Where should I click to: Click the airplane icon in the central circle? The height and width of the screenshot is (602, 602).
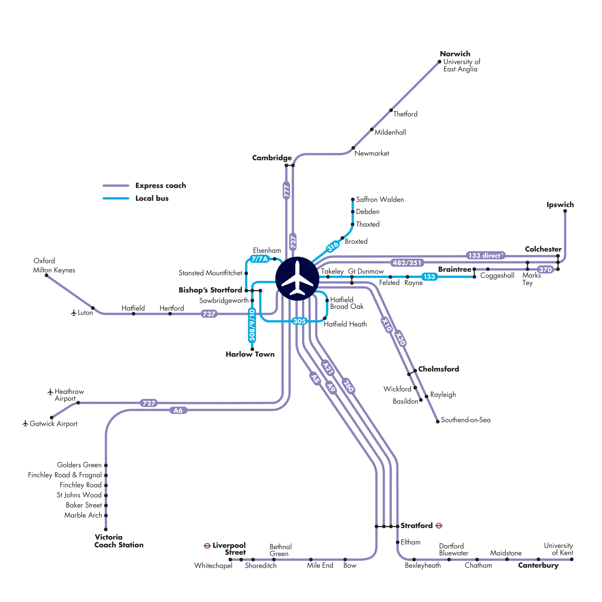(297, 278)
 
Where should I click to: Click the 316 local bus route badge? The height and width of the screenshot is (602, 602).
(332, 246)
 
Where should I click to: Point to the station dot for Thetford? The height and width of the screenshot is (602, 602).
(391, 110)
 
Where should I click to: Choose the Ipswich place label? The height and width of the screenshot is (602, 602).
(560, 205)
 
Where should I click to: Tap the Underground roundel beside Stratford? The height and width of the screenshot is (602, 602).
(439, 526)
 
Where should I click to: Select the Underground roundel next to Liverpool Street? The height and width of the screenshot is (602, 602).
(207, 546)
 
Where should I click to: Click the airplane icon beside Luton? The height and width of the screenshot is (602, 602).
(74, 313)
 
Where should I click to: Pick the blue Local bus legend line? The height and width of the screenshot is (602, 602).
(116, 198)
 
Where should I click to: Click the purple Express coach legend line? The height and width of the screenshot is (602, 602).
(116, 185)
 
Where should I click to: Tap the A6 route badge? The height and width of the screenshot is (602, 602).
(178, 410)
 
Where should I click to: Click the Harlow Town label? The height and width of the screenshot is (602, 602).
(250, 354)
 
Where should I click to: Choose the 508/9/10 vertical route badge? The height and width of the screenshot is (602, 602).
(252, 325)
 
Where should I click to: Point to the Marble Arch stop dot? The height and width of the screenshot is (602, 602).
(106, 515)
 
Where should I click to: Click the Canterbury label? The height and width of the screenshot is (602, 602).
(538, 565)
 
